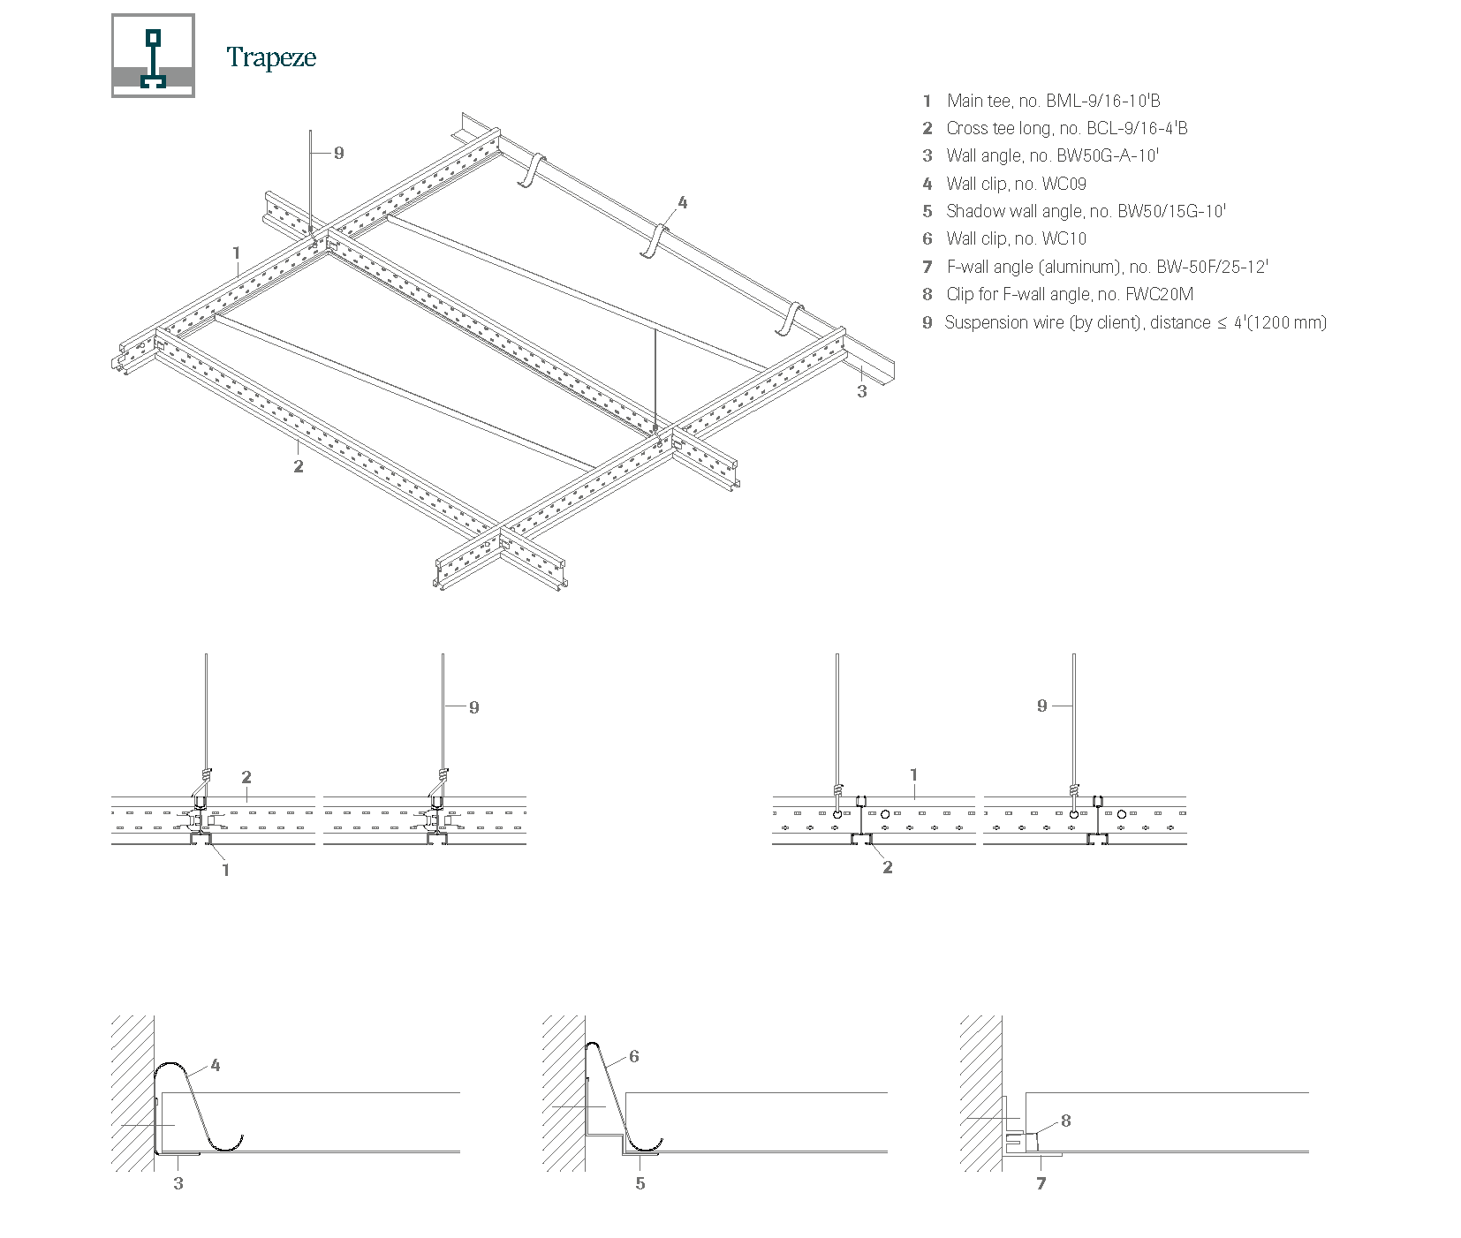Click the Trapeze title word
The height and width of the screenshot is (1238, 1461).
coord(271,57)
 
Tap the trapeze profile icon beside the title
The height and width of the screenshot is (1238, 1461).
coord(153,56)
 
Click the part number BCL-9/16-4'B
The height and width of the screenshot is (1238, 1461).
coord(1137,128)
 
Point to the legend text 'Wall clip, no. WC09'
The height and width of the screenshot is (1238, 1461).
coord(1016,184)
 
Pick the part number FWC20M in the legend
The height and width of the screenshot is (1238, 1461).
coord(1159,294)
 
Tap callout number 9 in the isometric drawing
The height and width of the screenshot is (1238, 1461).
coord(338,153)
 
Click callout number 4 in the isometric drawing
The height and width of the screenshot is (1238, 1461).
coord(682,202)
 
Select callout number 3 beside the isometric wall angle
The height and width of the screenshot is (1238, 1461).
coord(862,390)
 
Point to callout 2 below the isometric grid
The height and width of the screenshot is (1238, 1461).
coord(299,465)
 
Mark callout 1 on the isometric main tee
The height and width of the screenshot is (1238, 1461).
coord(237,253)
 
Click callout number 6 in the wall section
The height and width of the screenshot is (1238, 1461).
coord(634,1056)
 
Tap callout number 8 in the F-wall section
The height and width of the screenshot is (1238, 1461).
coord(1066,1121)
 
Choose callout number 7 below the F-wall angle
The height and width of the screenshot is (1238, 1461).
coord(1041,1183)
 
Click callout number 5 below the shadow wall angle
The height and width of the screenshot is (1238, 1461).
coord(640,1183)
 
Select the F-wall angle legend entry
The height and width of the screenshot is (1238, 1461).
coord(1107,267)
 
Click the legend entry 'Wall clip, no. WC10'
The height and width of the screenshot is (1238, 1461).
coord(1016,238)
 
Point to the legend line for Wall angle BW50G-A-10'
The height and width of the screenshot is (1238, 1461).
coord(1052,155)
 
